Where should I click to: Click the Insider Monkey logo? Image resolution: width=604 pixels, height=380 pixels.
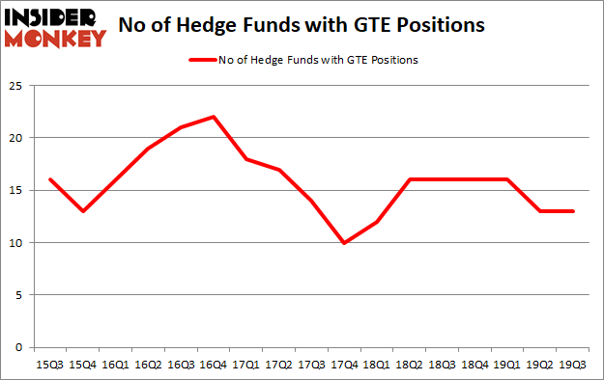click(x=55, y=27)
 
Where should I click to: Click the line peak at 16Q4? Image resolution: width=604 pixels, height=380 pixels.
click(x=214, y=118)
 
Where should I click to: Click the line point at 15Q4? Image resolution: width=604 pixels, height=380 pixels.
click(x=82, y=211)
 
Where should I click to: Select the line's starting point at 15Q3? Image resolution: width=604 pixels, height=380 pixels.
click(x=49, y=180)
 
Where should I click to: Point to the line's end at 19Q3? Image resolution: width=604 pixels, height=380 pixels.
click(x=574, y=211)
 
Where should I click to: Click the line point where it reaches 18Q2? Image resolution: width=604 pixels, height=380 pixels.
click(x=411, y=180)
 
